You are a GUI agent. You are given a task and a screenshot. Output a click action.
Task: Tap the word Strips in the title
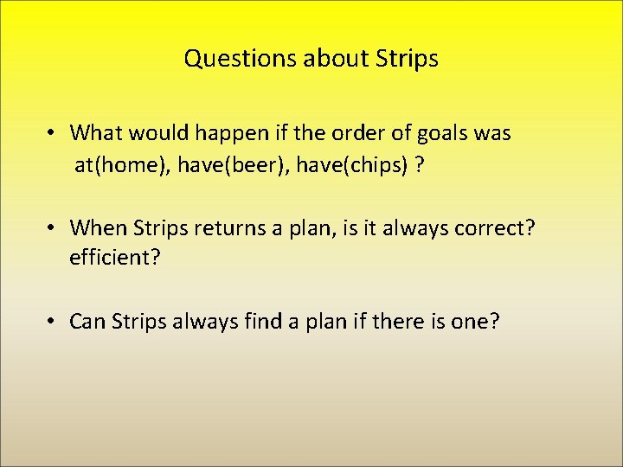[408, 59]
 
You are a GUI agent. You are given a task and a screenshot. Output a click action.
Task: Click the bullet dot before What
[53, 133]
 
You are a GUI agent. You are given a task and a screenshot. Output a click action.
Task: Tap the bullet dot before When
[53, 227]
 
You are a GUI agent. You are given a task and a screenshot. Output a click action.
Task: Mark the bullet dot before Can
[53, 322]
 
